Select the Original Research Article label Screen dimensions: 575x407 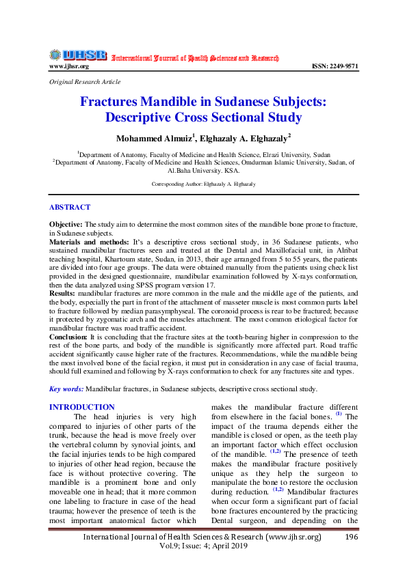click(x=85, y=81)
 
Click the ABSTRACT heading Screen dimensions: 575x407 click(x=69, y=207)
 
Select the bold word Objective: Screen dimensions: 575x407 click(x=66, y=224)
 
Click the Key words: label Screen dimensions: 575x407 click(x=66, y=389)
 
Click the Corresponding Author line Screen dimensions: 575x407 click(x=203, y=185)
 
